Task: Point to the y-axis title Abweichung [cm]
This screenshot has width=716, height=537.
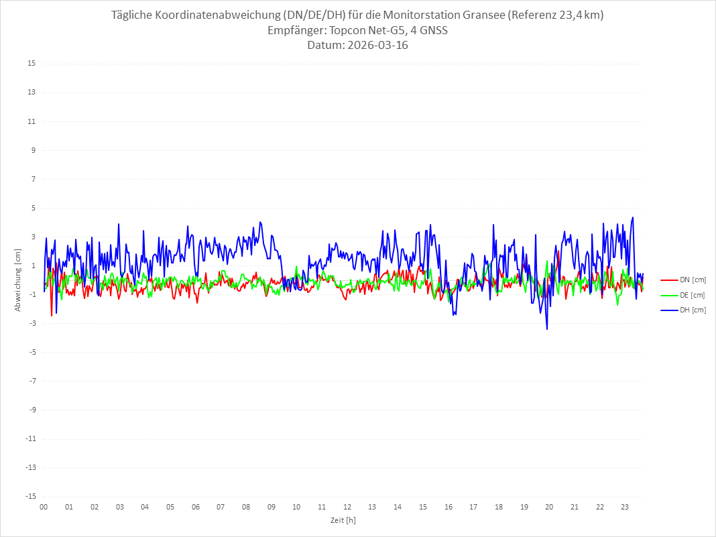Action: pyautogui.click(x=18, y=280)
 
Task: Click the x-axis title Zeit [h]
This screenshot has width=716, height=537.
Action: pyautogui.click(x=343, y=520)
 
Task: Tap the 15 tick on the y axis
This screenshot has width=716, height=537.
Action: pyautogui.click(x=32, y=64)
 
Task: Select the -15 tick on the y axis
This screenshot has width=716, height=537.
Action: pyautogui.click(x=30, y=496)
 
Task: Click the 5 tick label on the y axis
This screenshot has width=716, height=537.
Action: pyautogui.click(x=33, y=208)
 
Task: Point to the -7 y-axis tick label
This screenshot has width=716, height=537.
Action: pyautogui.click(x=32, y=381)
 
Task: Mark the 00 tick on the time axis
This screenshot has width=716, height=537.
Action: pyautogui.click(x=44, y=507)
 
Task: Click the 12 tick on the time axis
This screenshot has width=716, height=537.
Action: pyautogui.click(x=347, y=507)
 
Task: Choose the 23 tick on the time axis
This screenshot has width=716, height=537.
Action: pyautogui.click(x=625, y=507)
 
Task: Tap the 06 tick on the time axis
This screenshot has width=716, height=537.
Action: pyautogui.click(x=195, y=507)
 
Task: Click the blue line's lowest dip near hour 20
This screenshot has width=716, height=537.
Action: pyautogui.click(x=547, y=329)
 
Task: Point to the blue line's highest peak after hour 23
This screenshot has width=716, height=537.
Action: pyautogui.click(x=632, y=217)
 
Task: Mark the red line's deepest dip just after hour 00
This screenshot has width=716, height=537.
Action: pyautogui.click(x=52, y=315)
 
